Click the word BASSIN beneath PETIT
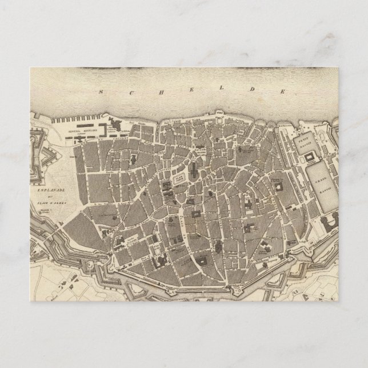[x=310, y=143]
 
